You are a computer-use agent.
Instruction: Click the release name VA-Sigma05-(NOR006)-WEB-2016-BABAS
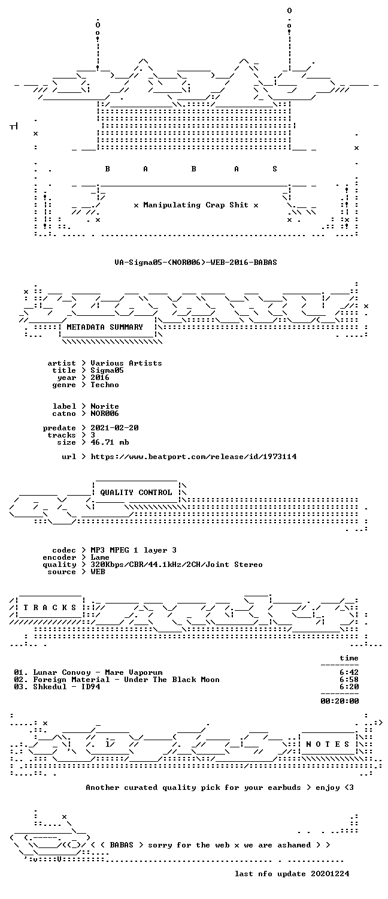point(196,263)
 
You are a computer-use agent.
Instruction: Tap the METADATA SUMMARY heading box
point(105,327)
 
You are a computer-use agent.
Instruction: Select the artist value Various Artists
point(126,363)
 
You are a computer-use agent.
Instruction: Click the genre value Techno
point(105,385)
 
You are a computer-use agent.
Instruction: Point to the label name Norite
point(105,406)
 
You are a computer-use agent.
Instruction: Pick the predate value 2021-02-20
point(114,428)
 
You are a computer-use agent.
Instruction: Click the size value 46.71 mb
point(110,442)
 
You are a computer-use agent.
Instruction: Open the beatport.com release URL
point(193,457)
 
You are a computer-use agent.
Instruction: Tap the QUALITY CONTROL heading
point(136,493)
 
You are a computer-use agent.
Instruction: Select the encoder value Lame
point(100,557)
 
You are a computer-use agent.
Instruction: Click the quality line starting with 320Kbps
point(177,565)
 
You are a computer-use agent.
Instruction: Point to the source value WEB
point(98,572)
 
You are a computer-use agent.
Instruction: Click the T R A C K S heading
point(50,608)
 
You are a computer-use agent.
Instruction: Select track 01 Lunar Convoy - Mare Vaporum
point(88,672)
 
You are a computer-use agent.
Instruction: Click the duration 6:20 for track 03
point(349,687)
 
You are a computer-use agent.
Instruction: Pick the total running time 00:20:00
point(339,701)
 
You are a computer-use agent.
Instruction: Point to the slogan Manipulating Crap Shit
point(196,205)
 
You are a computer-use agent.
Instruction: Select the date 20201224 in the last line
point(330,874)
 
